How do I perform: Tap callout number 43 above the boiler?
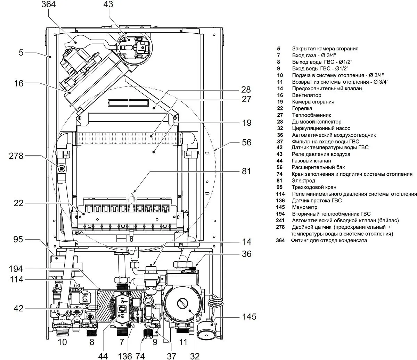[109, 5]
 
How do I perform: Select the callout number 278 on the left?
[16, 156]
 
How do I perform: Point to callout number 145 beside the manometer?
[249, 317]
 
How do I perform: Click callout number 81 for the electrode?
[246, 171]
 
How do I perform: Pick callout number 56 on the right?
[246, 142]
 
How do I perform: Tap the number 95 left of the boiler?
[18, 240]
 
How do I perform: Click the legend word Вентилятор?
[306, 95]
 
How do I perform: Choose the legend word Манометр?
[305, 207]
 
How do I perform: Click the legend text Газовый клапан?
[311, 161]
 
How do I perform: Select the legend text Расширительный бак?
[318, 167]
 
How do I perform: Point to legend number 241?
[280, 220]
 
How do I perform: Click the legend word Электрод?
[303, 181]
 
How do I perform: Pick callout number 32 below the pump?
[195, 356]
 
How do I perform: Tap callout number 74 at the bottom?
[140, 356]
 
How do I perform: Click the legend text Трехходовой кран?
[314, 187]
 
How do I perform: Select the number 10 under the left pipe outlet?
[62, 342]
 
